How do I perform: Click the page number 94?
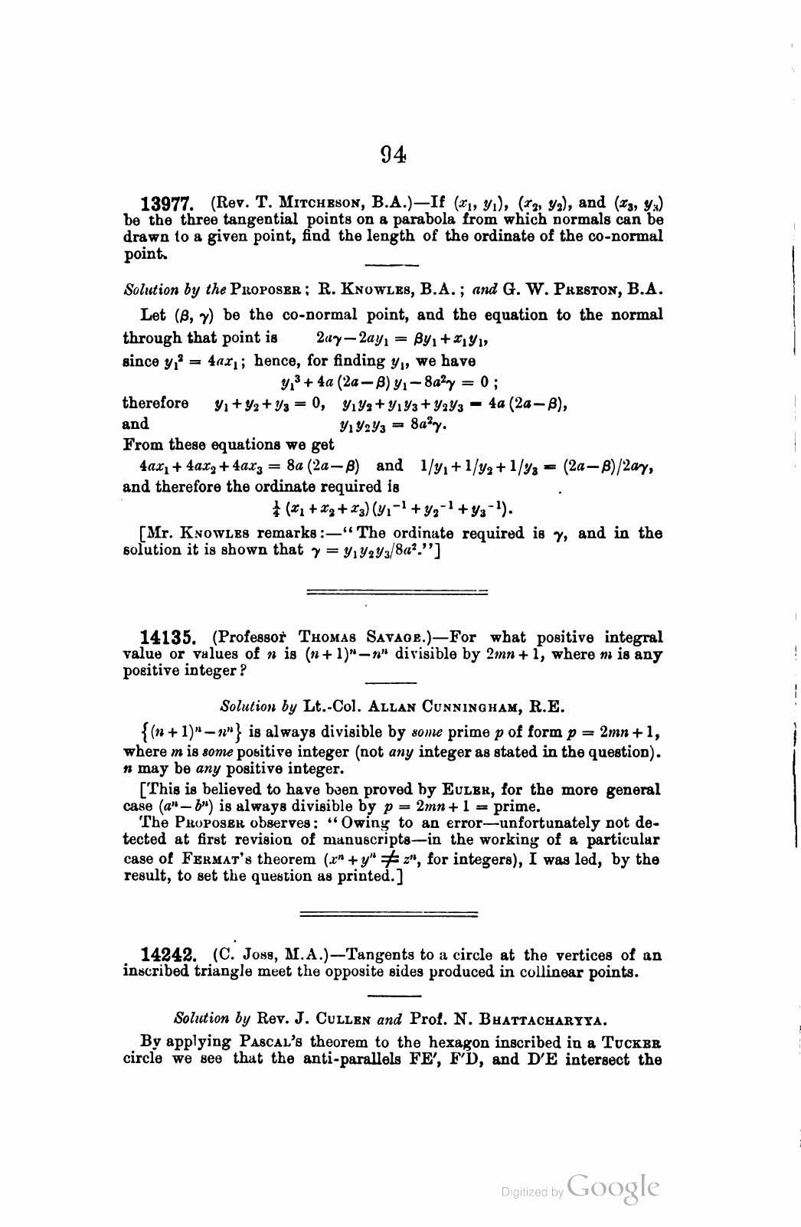pos(393,155)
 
